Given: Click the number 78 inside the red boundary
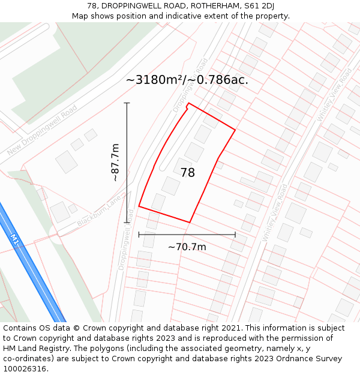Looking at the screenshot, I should point(188,173).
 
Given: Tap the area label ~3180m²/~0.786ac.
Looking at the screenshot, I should point(187,80).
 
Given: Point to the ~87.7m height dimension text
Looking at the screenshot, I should point(116,162).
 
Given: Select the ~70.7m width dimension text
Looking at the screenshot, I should point(187,247).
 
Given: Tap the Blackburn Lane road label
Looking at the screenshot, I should point(103,211).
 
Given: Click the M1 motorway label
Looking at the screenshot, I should point(14,238).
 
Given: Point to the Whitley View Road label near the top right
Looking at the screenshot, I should point(335,96).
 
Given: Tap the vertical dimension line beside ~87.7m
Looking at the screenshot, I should point(127,162).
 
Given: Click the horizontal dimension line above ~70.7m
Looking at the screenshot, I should point(187,235).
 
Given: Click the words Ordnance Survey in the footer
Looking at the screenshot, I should point(313,359).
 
